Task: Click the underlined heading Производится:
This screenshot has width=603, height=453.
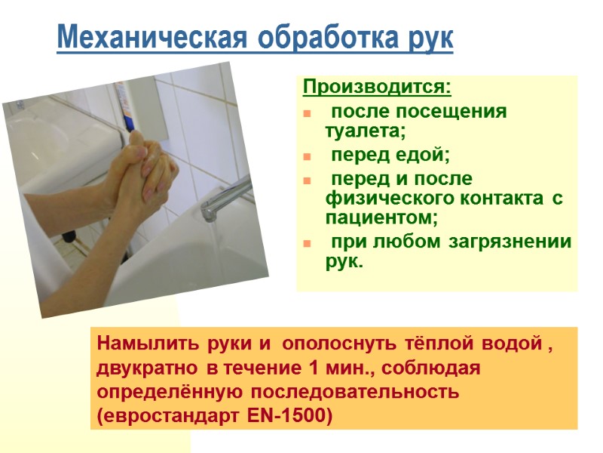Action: [377, 88]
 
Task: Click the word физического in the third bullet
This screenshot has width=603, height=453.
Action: [378, 199]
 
